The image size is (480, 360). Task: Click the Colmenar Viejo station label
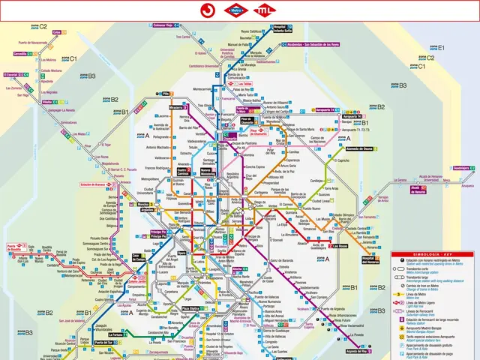coord(163,25)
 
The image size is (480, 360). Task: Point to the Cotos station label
coord(56,32)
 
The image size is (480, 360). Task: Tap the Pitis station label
coord(166,94)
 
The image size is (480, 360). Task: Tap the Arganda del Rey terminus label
coord(357,350)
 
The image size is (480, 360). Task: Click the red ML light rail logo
coord(263,10)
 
